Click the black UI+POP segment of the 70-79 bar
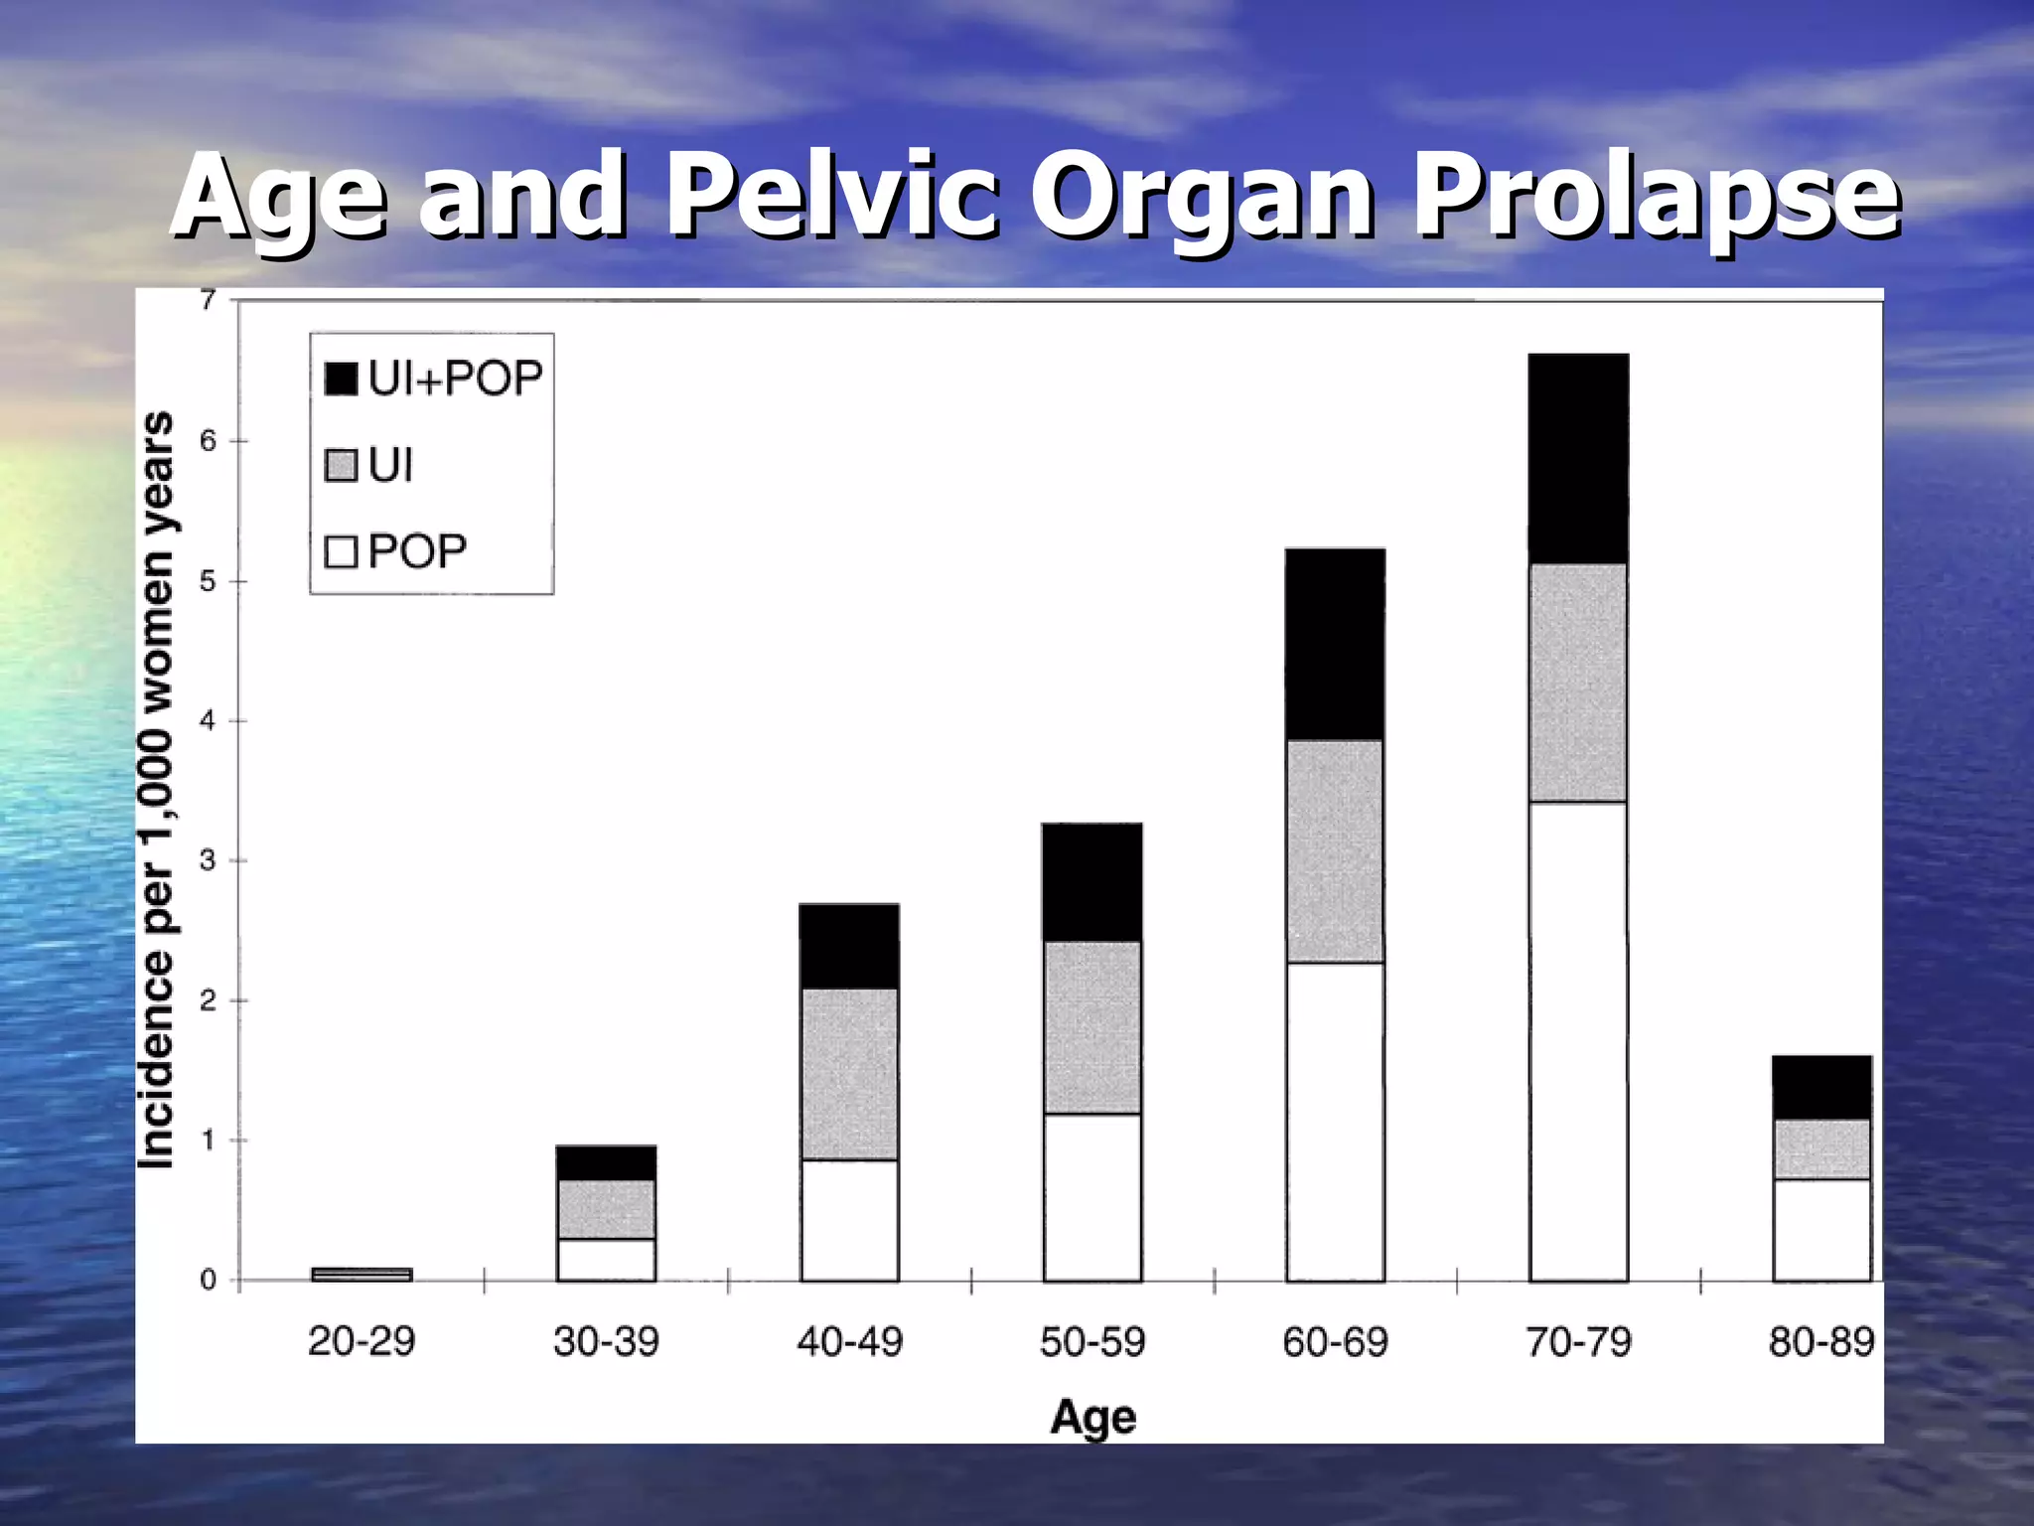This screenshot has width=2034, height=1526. pyautogui.click(x=1578, y=459)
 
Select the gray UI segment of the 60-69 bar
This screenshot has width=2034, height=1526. pyautogui.click(x=1335, y=851)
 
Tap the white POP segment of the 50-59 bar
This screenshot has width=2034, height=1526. pyautogui.click(x=1092, y=1197)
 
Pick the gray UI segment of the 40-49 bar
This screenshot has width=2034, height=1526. pyautogui.click(x=849, y=1074)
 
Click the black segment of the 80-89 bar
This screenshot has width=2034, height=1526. pyautogui.click(x=1821, y=1088)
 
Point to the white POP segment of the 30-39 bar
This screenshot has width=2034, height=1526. pyautogui.click(x=606, y=1260)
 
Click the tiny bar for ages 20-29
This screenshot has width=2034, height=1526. pyautogui.click(x=362, y=1275)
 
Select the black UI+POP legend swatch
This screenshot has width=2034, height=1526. pyautogui.click(x=341, y=379)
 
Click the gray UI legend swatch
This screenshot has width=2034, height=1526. pyautogui.click(x=341, y=465)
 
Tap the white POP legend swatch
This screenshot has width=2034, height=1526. pyautogui.click(x=341, y=551)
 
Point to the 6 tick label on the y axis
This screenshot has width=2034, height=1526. pyautogui.click(x=208, y=441)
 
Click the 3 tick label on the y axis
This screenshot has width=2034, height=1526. pyautogui.click(x=208, y=860)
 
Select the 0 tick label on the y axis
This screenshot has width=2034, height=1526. pyautogui.click(x=208, y=1280)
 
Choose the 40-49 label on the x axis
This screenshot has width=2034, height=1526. pyautogui.click(x=849, y=1342)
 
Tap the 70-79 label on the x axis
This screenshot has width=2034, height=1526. pyautogui.click(x=1578, y=1342)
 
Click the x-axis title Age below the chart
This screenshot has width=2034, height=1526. pyautogui.click(x=1092, y=1416)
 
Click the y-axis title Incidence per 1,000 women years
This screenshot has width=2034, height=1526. pyautogui.click(x=157, y=790)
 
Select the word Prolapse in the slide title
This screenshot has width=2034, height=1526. pyautogui.click(x=1656, y=196)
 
